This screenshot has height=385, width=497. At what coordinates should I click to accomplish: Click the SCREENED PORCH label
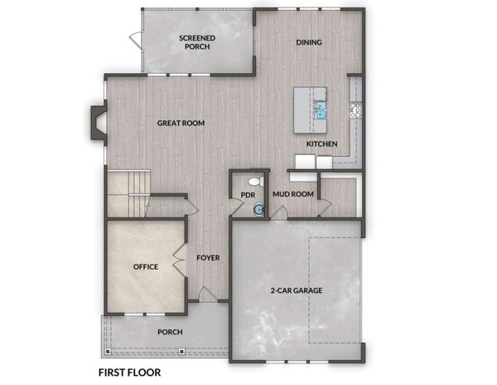(x=197, y=42)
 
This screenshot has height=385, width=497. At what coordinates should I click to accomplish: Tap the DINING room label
(x=309, y=42)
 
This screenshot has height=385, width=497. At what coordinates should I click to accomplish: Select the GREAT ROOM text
(x=181, y=123)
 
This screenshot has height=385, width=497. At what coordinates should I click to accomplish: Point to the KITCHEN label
(x=321, y=144)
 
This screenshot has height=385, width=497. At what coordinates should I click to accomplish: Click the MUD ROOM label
(x=293, y=194)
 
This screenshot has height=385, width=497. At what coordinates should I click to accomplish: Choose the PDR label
(x=248, y=195)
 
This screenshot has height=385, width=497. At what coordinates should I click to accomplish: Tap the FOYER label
(x=208, y=258)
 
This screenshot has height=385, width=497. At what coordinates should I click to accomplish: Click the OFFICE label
(x=146, y=266)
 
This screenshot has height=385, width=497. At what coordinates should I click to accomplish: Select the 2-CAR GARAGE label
(x=297, y=290)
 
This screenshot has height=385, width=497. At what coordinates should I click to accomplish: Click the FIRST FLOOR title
(x=130, y=373)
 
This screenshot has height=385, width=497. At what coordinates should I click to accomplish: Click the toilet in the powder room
(x=256, y=182)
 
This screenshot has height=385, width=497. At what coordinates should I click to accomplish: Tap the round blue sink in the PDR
(x=258, y=209)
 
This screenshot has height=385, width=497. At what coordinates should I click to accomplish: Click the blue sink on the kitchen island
(x=321, y=110)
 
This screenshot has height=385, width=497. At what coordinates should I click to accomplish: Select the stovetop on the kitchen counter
(x=355, y=110)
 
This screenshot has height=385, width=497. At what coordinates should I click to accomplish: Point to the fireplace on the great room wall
(x=99, y=123)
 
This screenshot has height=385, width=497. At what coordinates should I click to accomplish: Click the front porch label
(x=170, y=332)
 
